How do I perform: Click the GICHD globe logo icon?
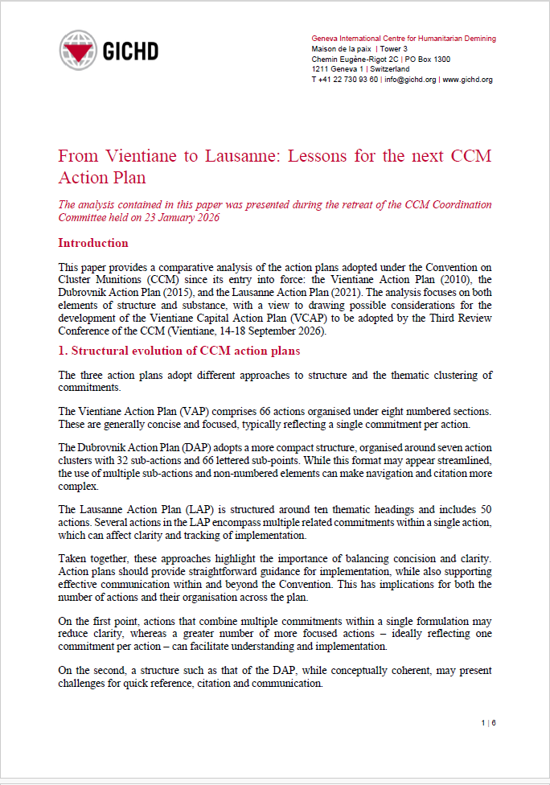(79, 50)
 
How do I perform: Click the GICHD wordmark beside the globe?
(129, 51)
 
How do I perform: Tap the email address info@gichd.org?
(410, 80)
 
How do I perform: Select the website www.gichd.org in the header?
(468, 80)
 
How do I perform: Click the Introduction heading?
(93, 243)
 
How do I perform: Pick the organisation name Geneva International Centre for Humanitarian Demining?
(404, 39)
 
